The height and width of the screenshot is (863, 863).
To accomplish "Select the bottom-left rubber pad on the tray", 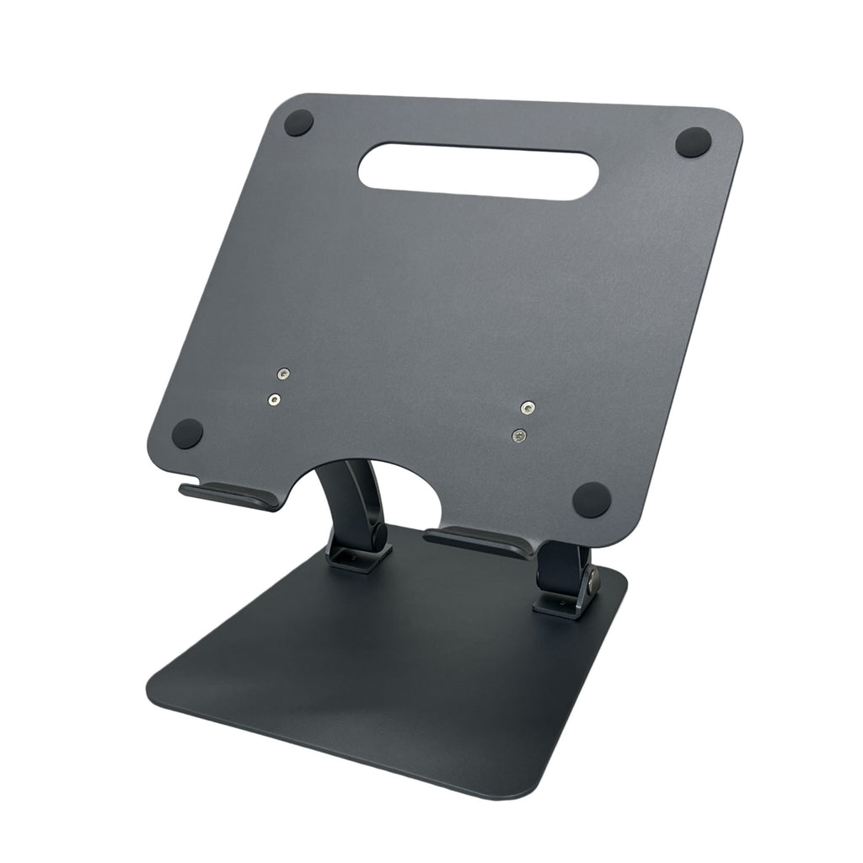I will [186, 434].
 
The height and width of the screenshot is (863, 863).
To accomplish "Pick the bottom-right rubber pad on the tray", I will [591, 499].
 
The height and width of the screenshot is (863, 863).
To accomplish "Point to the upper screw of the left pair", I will [284, 374].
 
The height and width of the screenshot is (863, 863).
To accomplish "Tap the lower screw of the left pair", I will [274, 399].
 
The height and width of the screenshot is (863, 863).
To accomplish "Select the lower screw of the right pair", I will [519, 435].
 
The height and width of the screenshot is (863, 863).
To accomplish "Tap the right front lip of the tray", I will [479, 541].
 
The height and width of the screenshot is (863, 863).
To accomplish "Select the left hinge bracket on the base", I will [359, 559].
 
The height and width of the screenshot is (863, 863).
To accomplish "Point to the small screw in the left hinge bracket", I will [353, 557].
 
